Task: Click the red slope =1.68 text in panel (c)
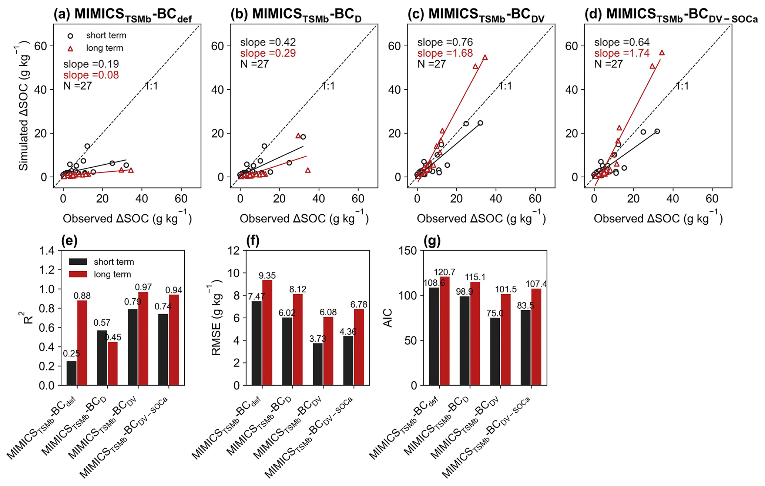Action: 445,53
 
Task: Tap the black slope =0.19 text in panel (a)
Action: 91,64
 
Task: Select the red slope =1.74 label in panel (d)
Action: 622,53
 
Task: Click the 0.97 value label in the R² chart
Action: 143,287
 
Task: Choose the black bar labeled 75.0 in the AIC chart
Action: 495,351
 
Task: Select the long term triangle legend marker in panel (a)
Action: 70,48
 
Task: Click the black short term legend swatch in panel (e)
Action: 78,262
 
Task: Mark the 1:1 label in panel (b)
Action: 328,86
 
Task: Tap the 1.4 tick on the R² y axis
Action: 47,251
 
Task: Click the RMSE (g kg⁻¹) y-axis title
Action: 216,318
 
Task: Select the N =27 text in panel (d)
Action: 608,64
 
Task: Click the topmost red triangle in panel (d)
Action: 662,53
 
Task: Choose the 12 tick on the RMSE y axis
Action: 235,251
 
